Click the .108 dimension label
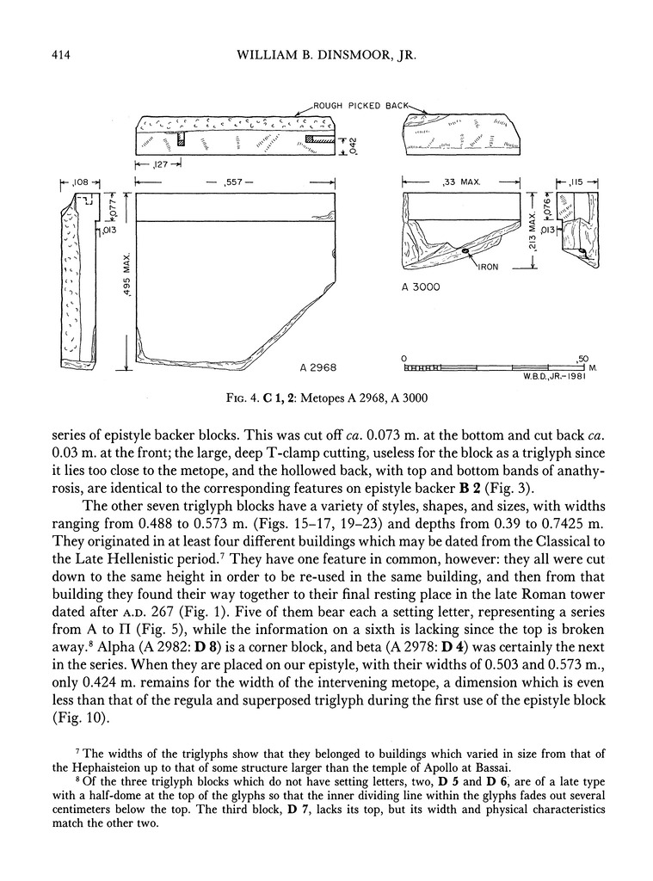81,182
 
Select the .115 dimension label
582,182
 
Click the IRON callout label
490,268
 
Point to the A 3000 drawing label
421,287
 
